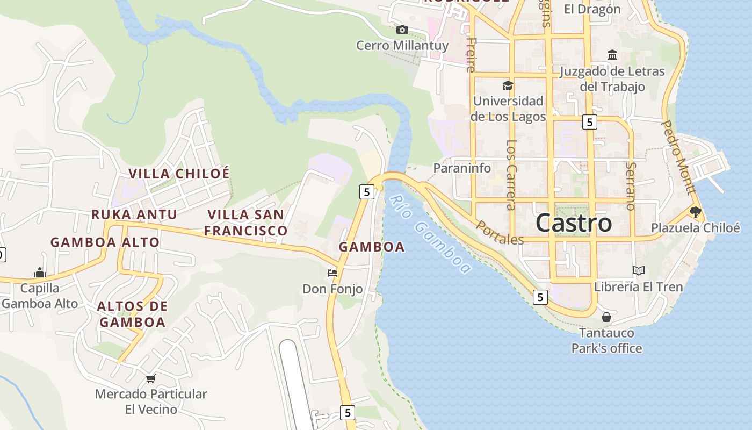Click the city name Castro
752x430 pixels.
point(574,223)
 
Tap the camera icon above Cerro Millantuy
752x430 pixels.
point(402,30)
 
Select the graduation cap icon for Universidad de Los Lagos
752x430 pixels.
point(508,85)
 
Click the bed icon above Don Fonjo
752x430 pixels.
point(332,273)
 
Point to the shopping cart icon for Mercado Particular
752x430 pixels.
point(151,378)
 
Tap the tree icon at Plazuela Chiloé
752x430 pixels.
point(696,212)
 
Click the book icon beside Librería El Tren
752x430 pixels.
point(638,270)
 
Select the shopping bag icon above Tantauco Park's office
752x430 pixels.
point(606,317)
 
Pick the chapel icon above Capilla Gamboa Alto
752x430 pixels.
point(40,273)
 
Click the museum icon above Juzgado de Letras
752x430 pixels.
point(612,55)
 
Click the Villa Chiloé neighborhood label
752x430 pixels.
point(179,174)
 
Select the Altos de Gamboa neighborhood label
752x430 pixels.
point(132,314)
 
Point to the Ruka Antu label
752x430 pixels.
point(134,214)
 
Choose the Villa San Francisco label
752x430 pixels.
point(246,223)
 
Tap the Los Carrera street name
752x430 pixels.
point(511,175)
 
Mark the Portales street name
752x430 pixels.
point(500,233)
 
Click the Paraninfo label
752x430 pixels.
point(462,168)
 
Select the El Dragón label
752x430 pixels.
point(592,9)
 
